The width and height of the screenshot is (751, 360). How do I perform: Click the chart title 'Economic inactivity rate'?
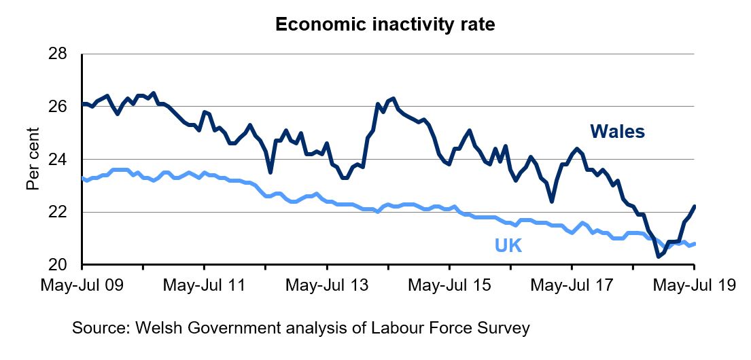point(385,25)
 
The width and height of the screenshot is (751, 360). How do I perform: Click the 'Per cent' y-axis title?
point(33,159)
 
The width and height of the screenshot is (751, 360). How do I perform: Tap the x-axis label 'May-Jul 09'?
point(82,285)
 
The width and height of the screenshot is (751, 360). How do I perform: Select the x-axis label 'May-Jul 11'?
point(205,285)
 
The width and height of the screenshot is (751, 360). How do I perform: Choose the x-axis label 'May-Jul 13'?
point(327,285)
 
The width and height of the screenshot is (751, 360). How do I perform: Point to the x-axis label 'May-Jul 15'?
point(449,285)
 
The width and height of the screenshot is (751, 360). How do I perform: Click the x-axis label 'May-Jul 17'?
point(572,285)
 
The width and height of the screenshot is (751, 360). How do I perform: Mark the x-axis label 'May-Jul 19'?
point(694,285)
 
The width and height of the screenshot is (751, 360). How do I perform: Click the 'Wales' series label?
point(617,131)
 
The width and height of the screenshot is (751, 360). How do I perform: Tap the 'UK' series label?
point(508,246)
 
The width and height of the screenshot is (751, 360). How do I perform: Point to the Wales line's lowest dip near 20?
point(658,257)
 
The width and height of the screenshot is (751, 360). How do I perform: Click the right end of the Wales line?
point(694,206)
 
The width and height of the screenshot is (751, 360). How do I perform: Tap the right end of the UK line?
point(694,244)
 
